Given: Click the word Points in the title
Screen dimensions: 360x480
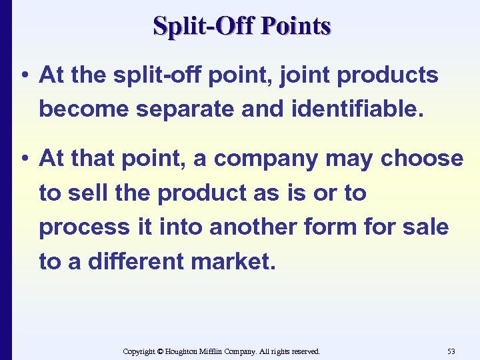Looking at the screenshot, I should (x=297, y=26).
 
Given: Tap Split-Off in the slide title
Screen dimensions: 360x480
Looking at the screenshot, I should (x=205, y=26).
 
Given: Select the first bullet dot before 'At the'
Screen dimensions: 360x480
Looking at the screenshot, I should (x=24, y=76).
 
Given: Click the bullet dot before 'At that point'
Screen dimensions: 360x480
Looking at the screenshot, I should (x=24, y=159).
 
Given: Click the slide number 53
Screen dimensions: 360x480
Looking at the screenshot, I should (x=451, y=351).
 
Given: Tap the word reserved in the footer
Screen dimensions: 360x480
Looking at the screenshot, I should (x=304, y=351).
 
